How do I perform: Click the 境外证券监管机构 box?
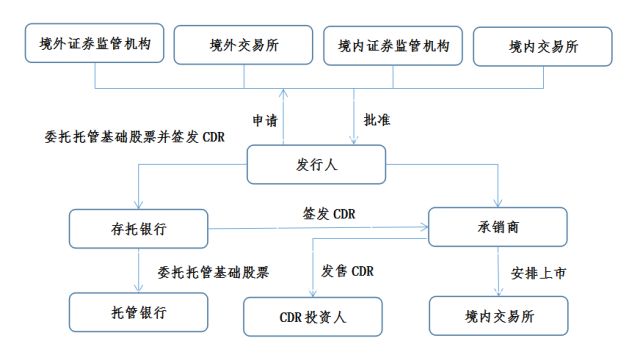[95, 45]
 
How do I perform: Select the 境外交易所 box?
[244, 46]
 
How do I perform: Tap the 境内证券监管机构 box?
[394, 46]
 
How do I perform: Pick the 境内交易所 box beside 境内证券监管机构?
[543, 46]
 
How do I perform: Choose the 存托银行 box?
[139, 229]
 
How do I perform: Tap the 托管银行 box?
[139, 312]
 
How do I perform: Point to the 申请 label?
[265, 120]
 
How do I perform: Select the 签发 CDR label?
[329, 213]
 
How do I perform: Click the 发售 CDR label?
[347, 270]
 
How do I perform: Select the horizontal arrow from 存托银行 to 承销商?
[320, 229]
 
